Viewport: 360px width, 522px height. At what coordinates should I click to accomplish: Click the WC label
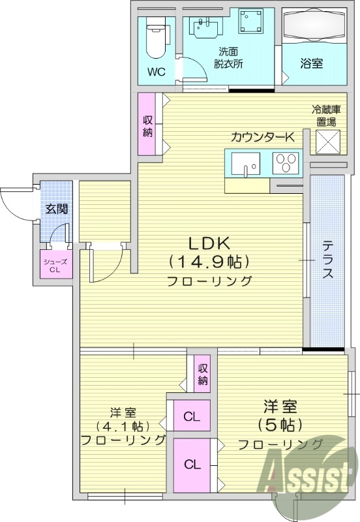[x=155, y=70]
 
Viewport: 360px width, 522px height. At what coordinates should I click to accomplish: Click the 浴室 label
[x=312, y=64]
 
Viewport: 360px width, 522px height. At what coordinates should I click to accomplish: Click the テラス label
[x=327, y=260]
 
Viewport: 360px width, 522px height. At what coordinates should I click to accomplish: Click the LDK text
[x=209, y=243]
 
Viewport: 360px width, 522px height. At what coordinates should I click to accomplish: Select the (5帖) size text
[x=280, y=425]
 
